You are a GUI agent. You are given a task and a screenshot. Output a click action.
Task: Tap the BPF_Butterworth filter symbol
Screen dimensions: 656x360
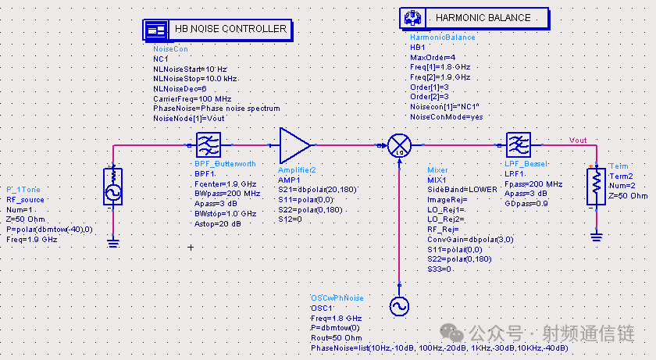[209, 145]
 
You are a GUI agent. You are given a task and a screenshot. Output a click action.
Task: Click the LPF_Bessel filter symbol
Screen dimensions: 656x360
[519, 144]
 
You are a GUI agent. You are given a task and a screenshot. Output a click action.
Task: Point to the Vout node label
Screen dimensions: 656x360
[578, 141]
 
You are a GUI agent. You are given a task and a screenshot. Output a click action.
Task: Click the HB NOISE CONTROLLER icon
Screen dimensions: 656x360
[155, 30]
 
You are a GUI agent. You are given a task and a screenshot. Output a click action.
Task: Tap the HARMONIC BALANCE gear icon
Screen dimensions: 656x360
[413, 18]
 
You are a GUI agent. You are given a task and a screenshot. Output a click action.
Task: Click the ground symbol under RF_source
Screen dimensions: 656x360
[113, 243]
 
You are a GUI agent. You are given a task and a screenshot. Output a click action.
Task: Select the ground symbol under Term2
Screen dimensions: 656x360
[596, 237]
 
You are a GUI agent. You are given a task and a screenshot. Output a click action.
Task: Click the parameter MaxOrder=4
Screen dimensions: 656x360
[433, 57]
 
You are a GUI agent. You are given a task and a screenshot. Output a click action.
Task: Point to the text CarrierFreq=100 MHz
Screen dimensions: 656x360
[192, 99]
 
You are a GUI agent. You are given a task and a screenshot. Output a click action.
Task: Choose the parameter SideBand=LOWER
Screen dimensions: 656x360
[462, 190]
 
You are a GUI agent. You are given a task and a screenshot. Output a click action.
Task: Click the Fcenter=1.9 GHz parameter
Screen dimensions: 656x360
[226, 184]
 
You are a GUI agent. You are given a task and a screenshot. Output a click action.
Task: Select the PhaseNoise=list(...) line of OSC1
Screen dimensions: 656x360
[439, 348]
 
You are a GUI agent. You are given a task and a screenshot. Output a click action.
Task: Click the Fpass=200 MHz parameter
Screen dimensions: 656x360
[533, 184]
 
